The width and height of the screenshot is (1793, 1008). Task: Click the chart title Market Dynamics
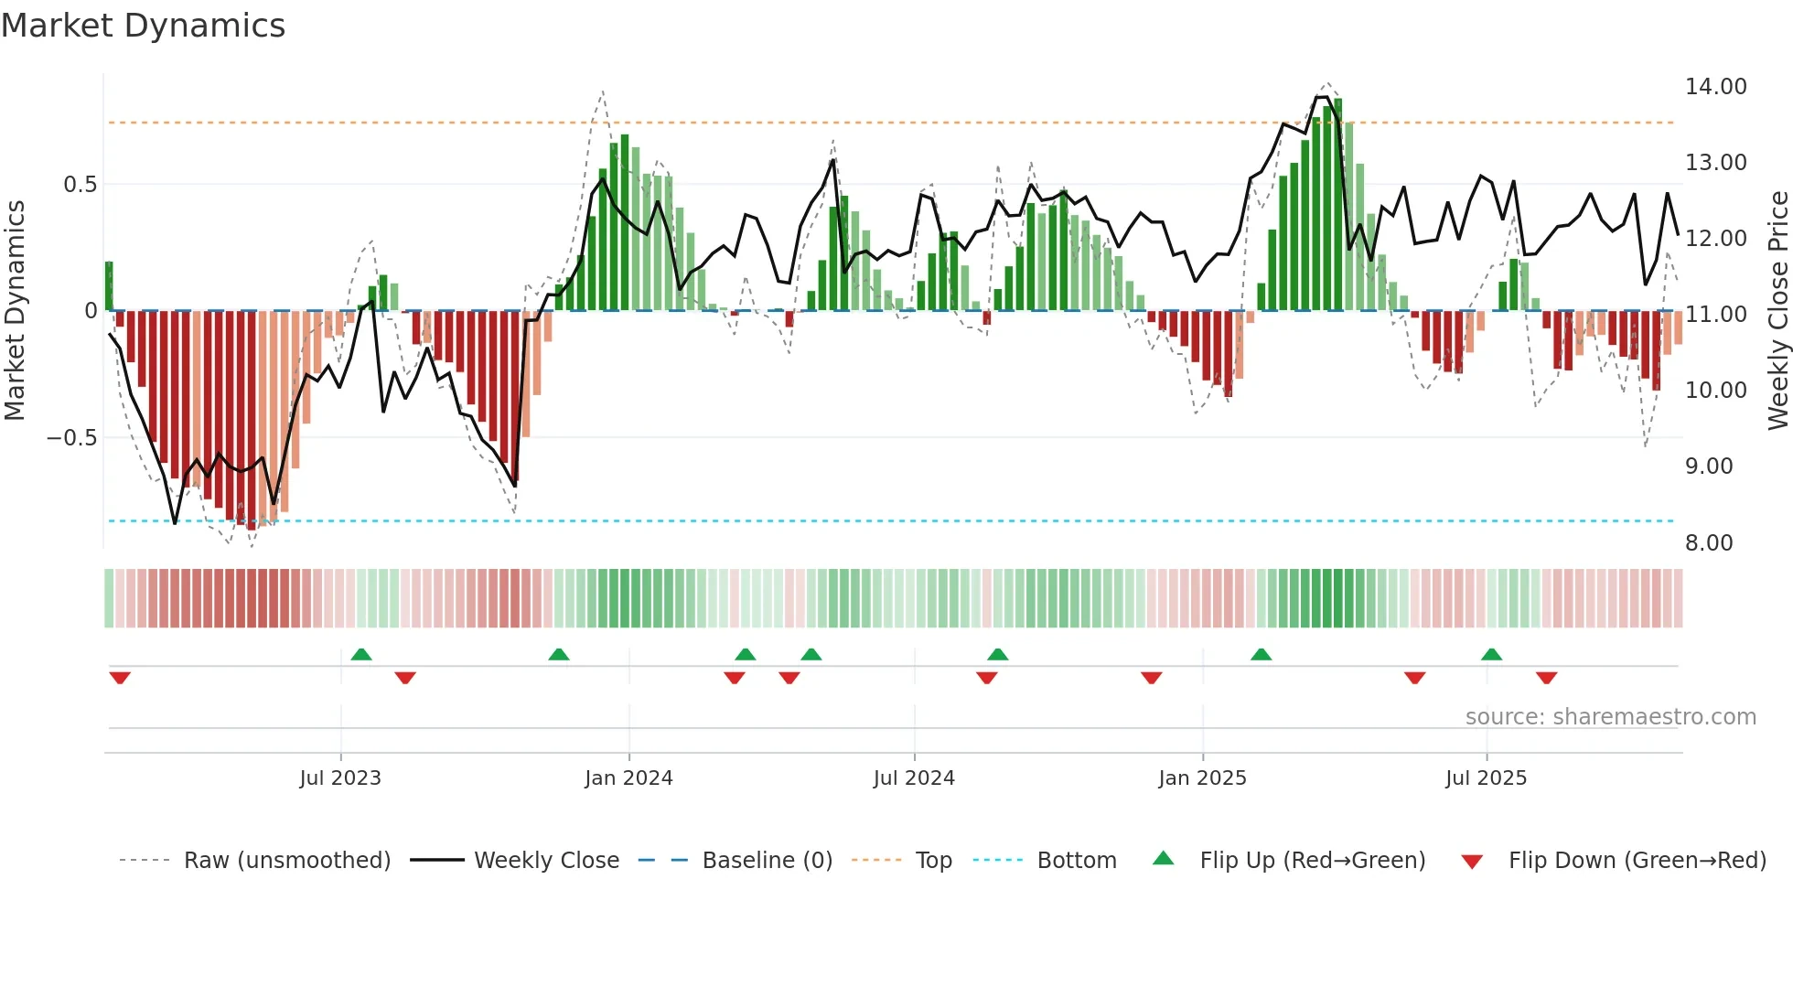click(x=143, y=26)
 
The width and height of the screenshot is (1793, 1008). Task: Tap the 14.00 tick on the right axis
click(x=1715, y=87)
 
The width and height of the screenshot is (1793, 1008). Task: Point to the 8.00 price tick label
click(x=1709, y=543)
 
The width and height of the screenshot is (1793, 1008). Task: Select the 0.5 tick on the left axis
click(x=80, y=185)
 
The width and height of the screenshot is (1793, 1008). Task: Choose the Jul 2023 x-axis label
click(x=340, y=778)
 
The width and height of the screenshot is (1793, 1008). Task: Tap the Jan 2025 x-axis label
click(x=1202, y=778)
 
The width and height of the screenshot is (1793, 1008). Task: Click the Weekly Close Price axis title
click(x=1777, y=311)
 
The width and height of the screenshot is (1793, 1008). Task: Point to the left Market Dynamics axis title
click(x=15, y=311)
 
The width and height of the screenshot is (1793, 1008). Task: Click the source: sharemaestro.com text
click(x=1610, y=717)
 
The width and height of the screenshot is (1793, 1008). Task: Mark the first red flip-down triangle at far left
click(x=120, y=678)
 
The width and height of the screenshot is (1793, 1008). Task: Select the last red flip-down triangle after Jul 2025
click(x=1546, y=678)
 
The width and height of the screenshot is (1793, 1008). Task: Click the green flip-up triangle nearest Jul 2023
click(x=361, y=654)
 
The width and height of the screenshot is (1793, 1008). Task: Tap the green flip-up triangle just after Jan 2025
click(x=1261, y=654)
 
